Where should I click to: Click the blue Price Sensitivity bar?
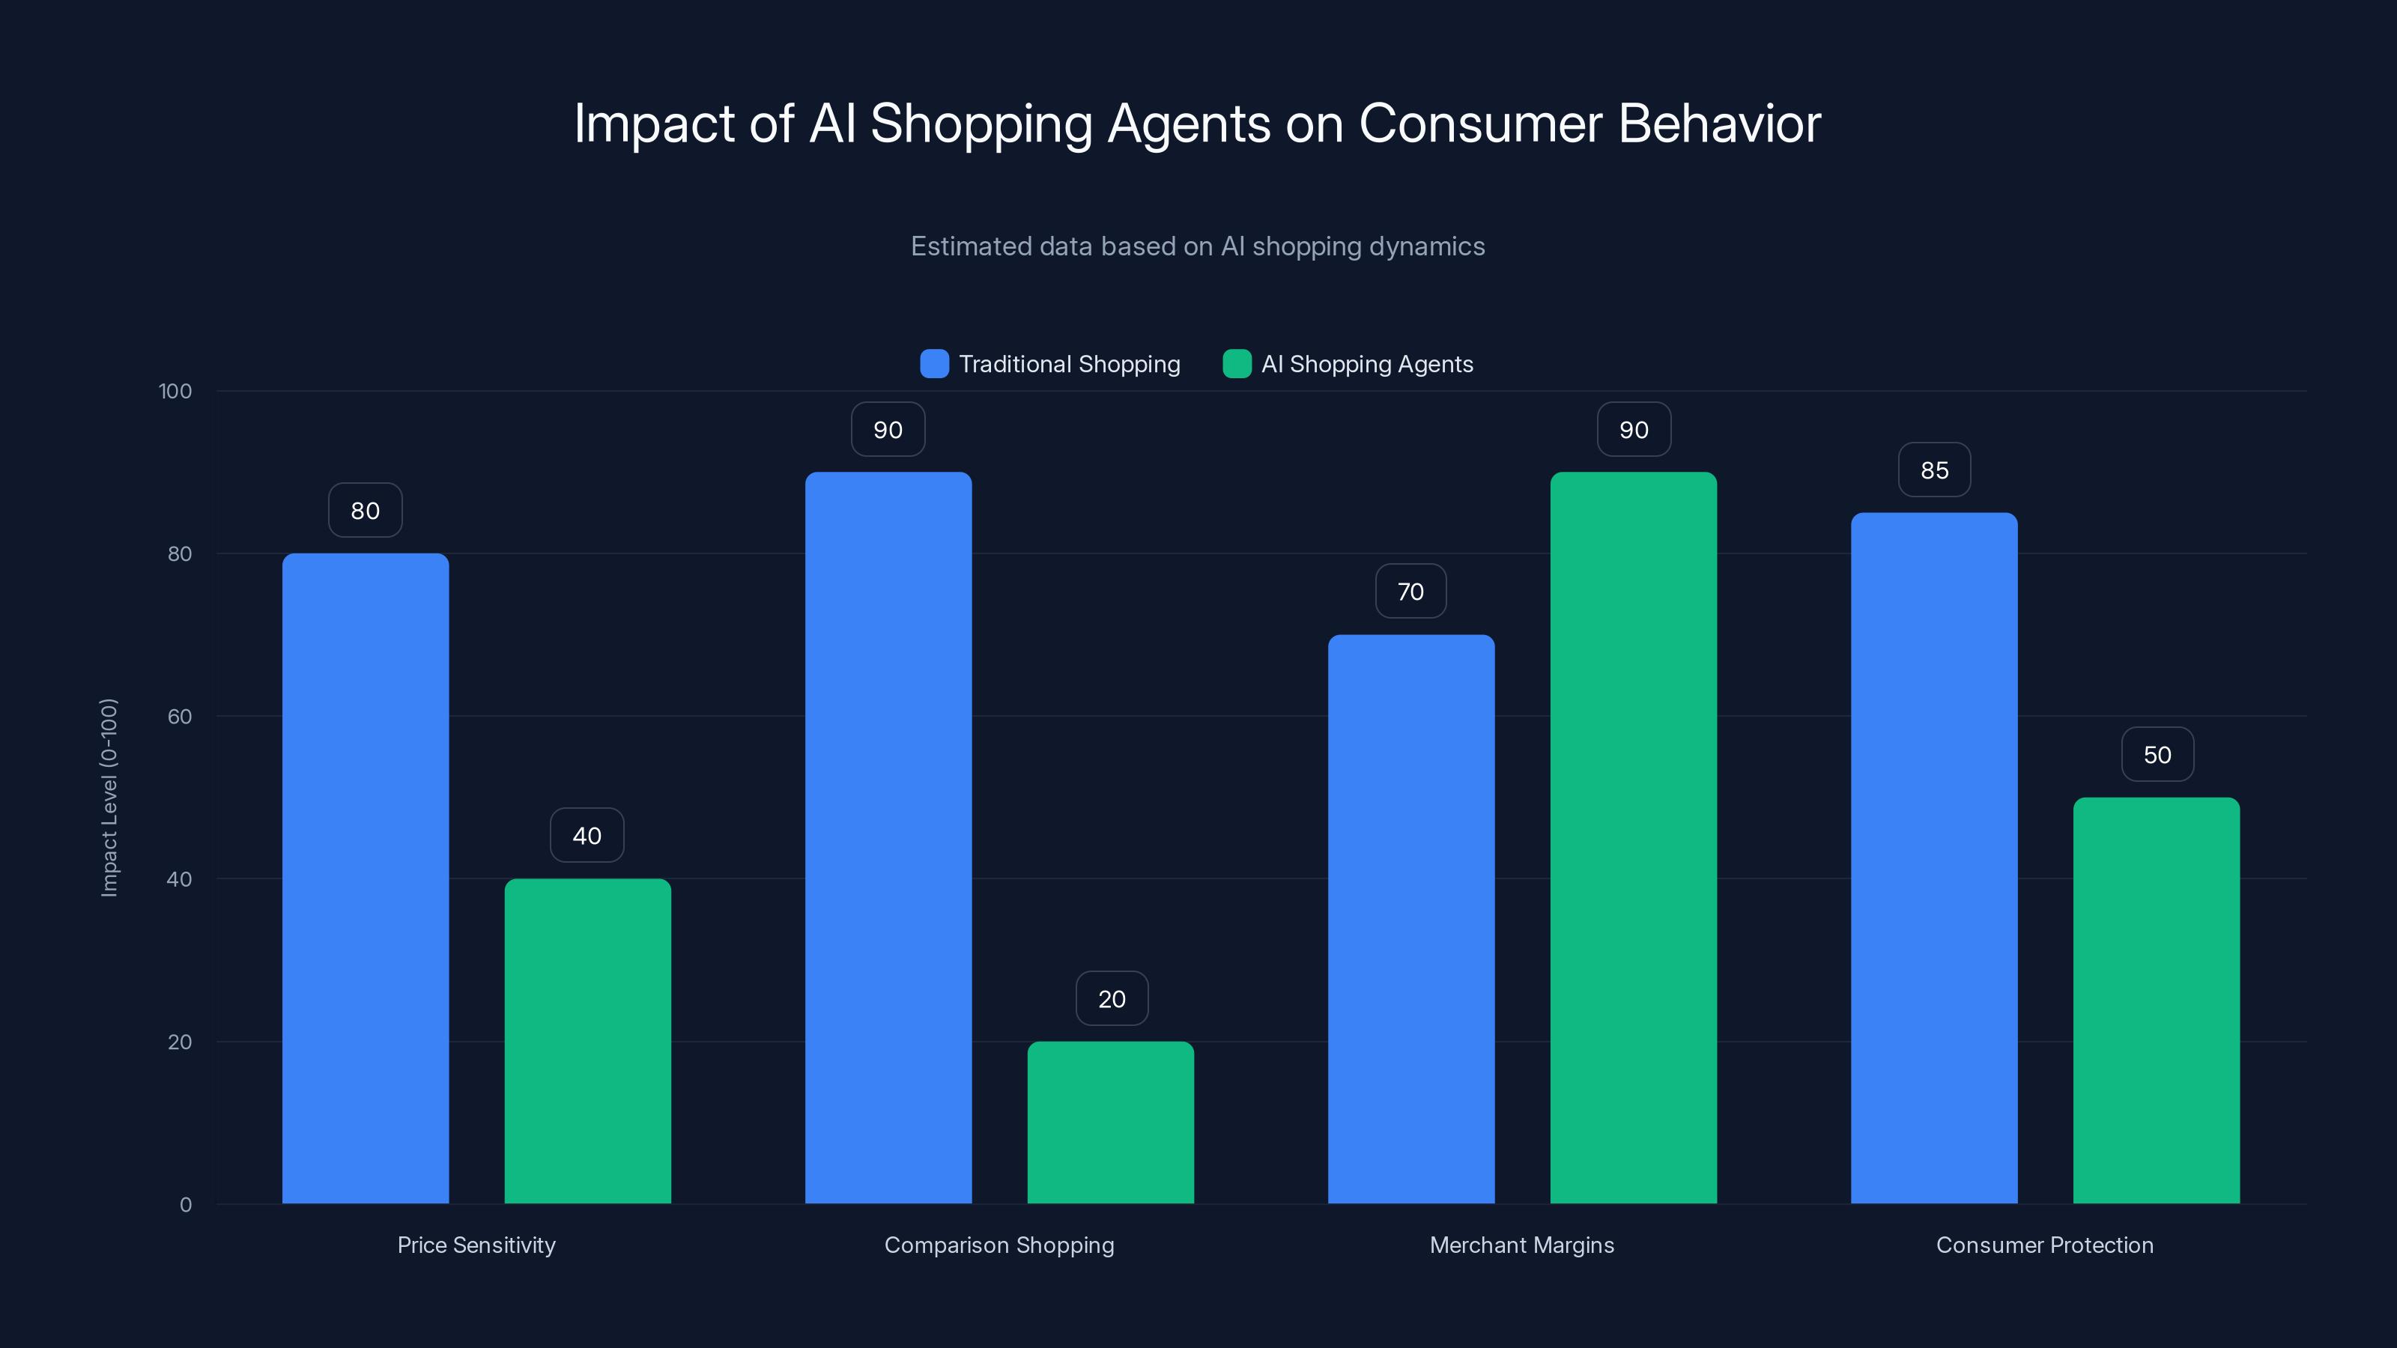pyautogui.click(x=365, y=878)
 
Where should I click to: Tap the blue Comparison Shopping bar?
pyautogui.click(x=888, y=837)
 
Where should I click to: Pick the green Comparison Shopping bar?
pyautogui.click(x=1110, y=1122)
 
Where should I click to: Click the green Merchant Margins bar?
pyautogui.click(x=1633, y=837)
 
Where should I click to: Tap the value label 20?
pyautogui.click(x=1111, y=998)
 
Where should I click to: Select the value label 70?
pyautogui.click(x=1410, y=591)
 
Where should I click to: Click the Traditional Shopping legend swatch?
pyautogui.click(x=934, y=364)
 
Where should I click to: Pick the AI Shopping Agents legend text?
pyautogui.click(x=1366, y=364)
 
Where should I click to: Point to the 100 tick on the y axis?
pyautogui.click(x=175, y=391)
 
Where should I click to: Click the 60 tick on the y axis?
pyautogui.click(x=180, y=717)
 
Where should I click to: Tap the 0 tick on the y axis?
pyautogui.click(x=185, y=1205)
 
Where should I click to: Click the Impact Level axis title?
pyautogui.click(x=109, y=798)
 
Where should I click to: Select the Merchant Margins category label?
pyautogui.click(x=1521, y=1245)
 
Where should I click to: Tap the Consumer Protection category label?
pyautogui.click(x=2044, y=1245)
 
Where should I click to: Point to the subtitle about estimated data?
pyautogui.click(x=1198, y=246)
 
